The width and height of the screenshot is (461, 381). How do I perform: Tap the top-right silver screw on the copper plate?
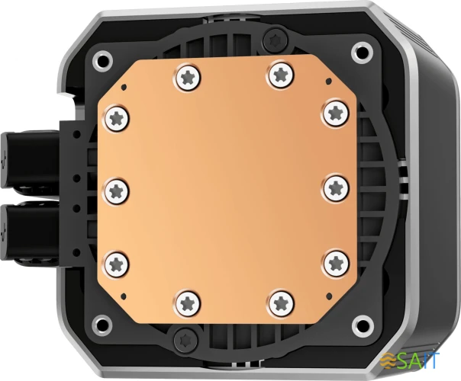[x=280, y=75]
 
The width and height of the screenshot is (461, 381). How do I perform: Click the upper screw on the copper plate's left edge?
[x=117, y=117]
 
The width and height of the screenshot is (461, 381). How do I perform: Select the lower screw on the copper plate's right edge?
[x=335, y=263]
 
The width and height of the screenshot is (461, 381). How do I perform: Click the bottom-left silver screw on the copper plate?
[x=186, y=303]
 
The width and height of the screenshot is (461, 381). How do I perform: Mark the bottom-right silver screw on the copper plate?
[x=281, y=302]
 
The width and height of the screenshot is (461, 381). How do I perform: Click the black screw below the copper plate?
[x=186, y=339]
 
